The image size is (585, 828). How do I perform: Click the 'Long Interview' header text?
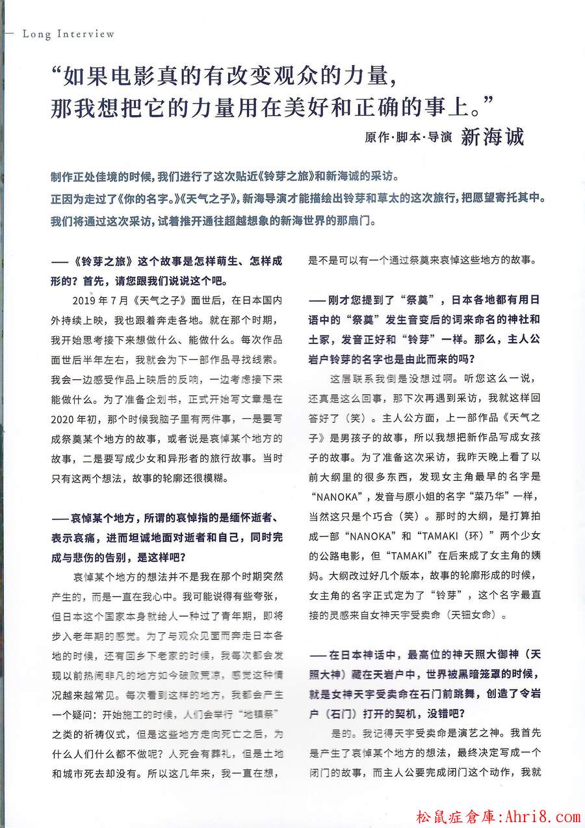68,34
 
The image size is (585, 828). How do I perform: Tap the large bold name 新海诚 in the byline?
492,137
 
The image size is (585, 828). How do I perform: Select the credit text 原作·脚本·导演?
408,139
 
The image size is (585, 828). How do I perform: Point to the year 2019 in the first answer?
85,302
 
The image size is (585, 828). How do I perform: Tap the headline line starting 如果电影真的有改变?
224,78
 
